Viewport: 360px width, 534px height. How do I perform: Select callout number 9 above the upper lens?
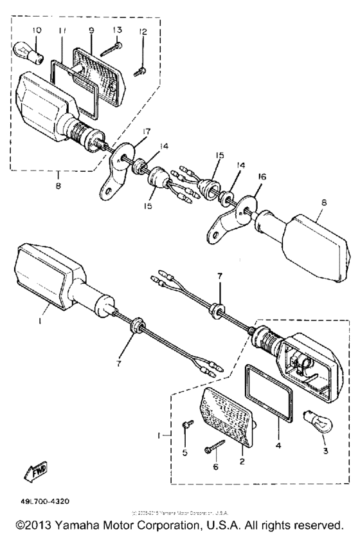coord(91,30)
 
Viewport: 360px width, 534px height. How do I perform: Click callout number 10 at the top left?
coord(36,30)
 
